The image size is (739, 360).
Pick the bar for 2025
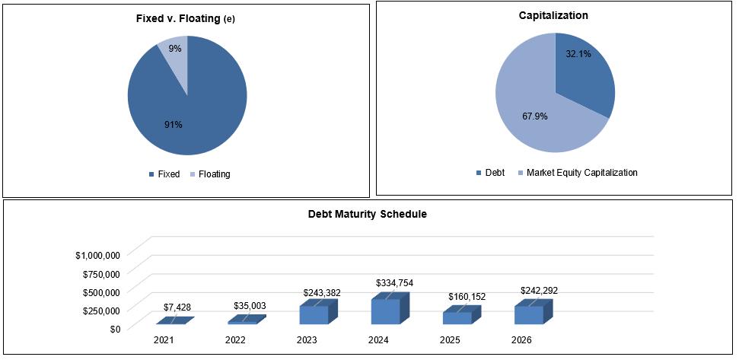462,315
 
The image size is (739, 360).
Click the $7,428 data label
177,307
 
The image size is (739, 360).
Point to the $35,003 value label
250,305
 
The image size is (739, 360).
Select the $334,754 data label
394,282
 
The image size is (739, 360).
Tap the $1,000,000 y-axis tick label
98,255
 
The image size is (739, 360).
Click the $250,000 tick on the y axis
101,310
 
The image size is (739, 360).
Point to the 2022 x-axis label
235,340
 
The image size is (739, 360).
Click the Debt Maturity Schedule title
368,214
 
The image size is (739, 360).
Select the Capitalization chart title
553,15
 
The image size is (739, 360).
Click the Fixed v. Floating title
185,19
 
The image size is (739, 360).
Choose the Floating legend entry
210,174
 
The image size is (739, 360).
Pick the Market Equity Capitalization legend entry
578,173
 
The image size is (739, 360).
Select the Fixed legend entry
164,174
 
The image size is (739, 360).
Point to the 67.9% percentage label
535,116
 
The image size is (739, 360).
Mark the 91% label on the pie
174,125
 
